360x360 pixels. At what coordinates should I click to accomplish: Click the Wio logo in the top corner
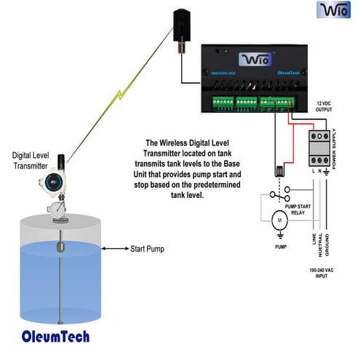pos(334,11)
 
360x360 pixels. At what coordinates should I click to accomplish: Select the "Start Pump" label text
pos(147,249)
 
